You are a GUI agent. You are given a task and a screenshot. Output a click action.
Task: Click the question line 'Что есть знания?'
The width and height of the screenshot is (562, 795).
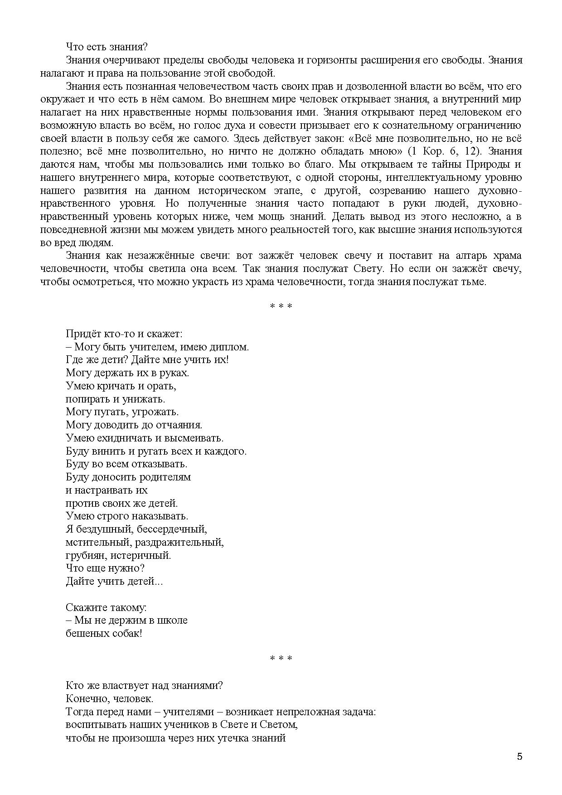(107, 47)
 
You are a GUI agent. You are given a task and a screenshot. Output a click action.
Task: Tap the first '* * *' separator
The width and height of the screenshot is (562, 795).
(281, 306)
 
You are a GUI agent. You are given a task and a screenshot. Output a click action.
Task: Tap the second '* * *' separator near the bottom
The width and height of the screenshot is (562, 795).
(281, 658)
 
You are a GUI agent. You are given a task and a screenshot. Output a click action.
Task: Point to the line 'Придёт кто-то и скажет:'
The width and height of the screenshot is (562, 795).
(124, 334)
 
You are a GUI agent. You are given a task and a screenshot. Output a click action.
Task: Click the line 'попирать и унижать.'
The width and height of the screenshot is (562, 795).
(116, 399)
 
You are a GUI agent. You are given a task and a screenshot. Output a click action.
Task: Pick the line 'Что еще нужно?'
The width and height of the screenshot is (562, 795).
(105, 568)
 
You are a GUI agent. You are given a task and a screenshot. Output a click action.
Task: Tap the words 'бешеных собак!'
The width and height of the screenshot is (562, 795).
(104, 634)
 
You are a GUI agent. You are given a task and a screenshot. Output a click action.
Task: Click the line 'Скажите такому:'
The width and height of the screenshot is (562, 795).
(106, 607)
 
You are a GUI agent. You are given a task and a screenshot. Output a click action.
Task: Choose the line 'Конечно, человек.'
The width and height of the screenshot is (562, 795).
(110, 698)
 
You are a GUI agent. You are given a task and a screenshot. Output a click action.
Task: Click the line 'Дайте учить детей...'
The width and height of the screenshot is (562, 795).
(114, 582)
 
